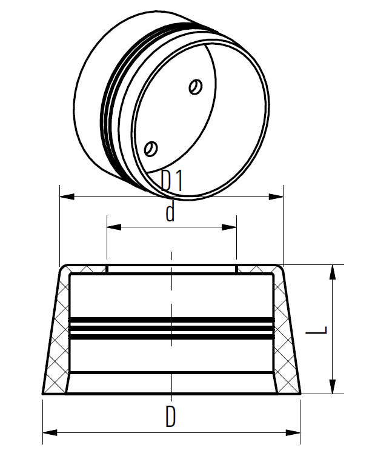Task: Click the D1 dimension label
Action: coord(173,181)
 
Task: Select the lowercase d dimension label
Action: coord(170,213)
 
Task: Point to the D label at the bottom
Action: coord(171,417)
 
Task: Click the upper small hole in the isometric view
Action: coord(195,87)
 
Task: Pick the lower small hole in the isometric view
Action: coord(151,147)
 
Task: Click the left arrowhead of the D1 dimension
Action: coord(64,196)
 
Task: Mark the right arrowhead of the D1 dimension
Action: coord(278,196)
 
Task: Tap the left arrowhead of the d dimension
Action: coord(112,227)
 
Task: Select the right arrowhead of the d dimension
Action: coord(231,227)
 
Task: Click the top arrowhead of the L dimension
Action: coord(333,270)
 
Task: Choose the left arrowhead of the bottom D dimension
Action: coord(48,432)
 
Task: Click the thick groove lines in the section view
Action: coord(172,326)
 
